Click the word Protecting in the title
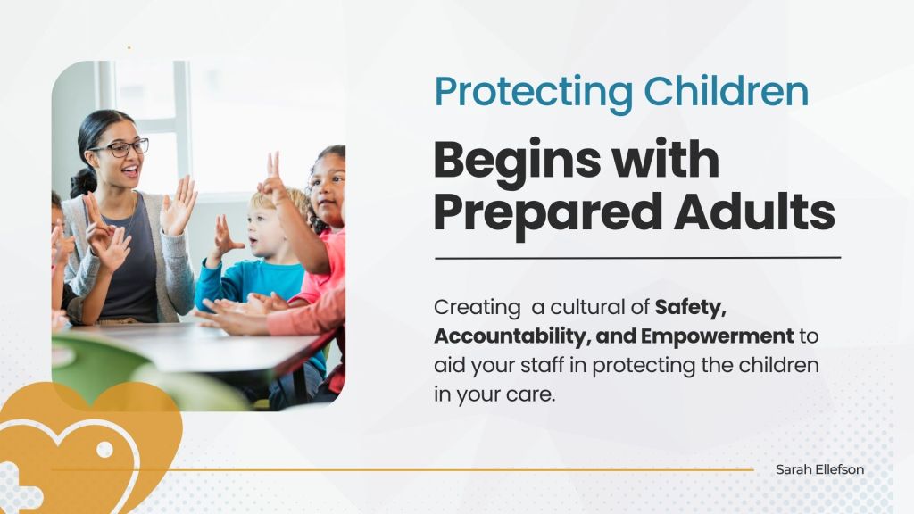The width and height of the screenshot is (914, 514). pos(534,93)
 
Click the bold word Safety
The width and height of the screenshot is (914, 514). pos(691,307)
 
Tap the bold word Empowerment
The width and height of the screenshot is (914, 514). pos(718,336)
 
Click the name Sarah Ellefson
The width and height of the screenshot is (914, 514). pos(819,469)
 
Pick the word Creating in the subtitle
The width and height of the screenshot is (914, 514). pos(478,308)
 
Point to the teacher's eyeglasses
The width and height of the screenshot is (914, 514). pos(120,148)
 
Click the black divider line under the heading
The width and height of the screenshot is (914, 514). pos(637,258)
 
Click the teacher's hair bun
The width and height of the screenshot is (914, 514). pos(83,182)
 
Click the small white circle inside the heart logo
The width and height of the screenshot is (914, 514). pos(105,450)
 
